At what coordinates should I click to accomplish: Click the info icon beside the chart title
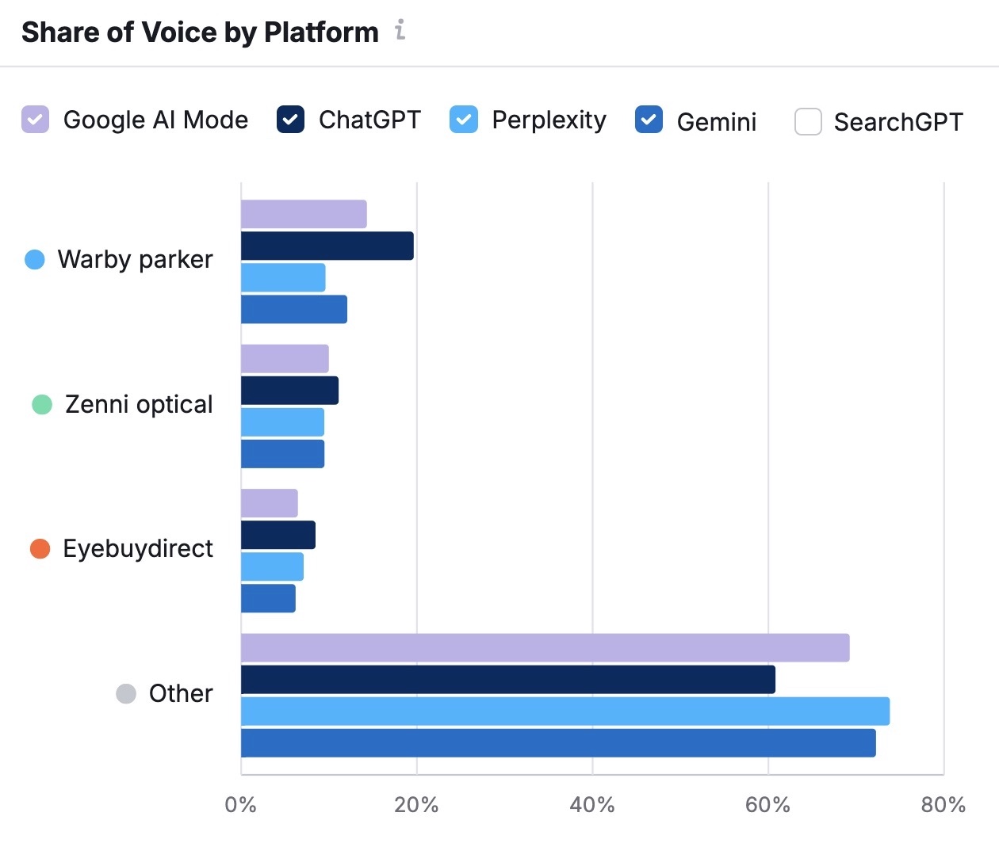pos(400,31)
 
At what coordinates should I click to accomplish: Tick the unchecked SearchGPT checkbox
pos(808,122)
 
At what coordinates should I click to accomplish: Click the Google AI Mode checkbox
pos(35,120)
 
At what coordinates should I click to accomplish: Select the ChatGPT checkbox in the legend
pos(290,120)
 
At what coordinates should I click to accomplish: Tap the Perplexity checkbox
pos(464,120)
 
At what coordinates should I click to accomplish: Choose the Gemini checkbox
pos(649,120)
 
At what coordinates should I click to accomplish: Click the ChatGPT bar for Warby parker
pos(327,246)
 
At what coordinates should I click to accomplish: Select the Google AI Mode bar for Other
pos(545,648)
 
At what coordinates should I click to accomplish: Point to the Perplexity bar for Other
pos(565,711)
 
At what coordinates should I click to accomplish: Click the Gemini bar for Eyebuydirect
pos(268,598)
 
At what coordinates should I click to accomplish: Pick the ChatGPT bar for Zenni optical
pos(289,391)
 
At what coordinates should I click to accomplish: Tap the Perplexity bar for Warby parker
pos(283,277)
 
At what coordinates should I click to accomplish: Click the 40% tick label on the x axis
pos(592,805)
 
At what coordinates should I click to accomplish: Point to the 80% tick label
pos(943,805)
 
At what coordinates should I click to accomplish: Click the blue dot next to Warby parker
pos(35,259)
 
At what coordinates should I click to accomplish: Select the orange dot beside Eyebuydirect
pos(40,548)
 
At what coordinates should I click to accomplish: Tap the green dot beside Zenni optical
pos(42,404)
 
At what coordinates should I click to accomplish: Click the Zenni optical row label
pos(139,404)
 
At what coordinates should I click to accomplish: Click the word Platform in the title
pos(321,32)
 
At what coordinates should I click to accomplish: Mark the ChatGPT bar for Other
pos(507,680)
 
